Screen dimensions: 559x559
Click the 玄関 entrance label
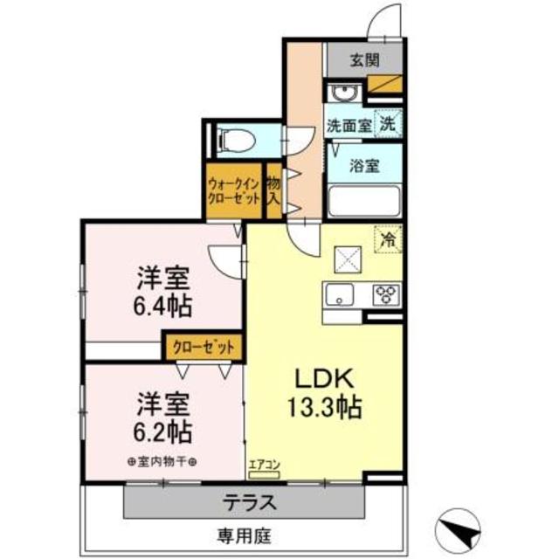pos(364,61)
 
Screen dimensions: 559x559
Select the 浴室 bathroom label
pos(364,164)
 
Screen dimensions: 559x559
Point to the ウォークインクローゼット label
pos(233,190)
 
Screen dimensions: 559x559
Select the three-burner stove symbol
pos(385,294)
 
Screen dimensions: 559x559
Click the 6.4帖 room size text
pos(163,307)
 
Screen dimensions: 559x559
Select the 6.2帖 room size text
pos(163,431)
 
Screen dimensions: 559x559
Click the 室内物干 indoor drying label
pos(162,462)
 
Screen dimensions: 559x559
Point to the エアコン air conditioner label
pos(263,466)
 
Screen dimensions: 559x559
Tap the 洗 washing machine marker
pos(387,124)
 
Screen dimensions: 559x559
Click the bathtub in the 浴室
pos(364,201)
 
